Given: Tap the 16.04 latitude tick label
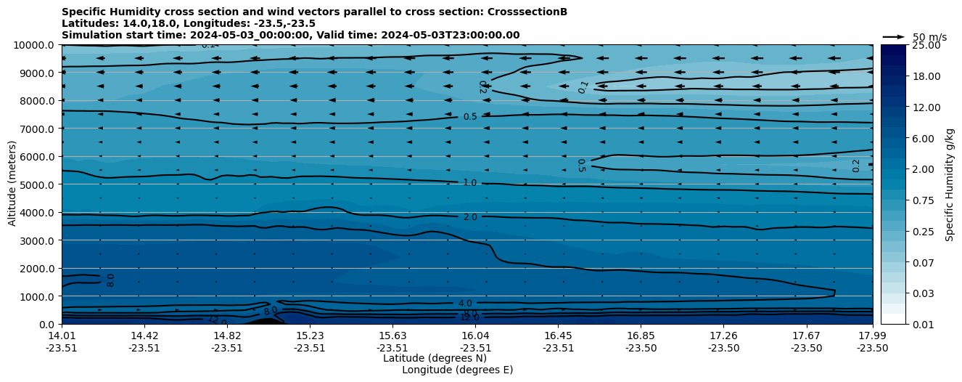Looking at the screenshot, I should [x=475, y=336].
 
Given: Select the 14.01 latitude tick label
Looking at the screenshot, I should [x=62, y=336].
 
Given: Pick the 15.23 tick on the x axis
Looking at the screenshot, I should [x=310, y=336].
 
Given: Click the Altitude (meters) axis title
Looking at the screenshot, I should [x=12, y=184].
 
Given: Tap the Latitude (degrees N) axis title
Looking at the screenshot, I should [x=435, y=358].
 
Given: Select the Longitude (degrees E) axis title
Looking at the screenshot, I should [x=457, y=370].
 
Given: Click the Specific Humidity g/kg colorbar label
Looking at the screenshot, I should [x=950, y=184].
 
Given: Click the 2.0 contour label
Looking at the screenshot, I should [x=470, y=217].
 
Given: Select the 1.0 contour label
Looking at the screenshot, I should [x=470, y=183].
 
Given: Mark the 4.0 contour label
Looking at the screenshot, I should [x=465, y=303].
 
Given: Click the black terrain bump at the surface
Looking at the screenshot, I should [x=266, y=321].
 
